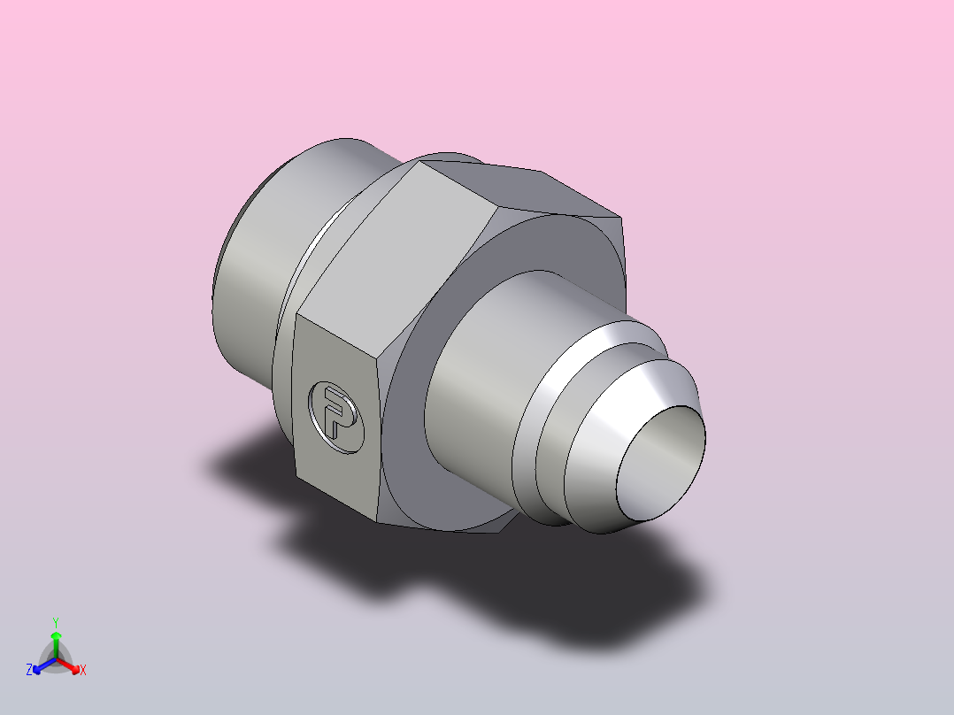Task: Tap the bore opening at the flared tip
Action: click(662, 461)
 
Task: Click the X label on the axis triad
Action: click(82, 671)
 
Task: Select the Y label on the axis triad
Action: click(55, 622)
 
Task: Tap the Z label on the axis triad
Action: click(29, 671)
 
